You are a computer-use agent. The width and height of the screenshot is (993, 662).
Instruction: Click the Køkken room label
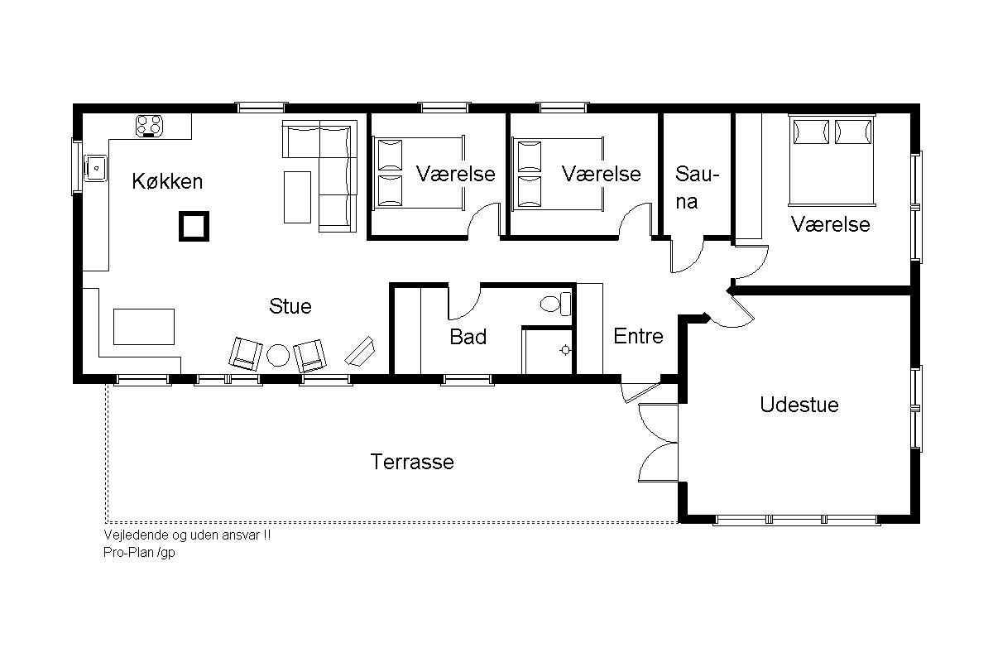pos(167,181)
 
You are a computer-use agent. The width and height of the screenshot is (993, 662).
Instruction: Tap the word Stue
pos(290,306)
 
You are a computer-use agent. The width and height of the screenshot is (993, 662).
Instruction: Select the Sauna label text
pos(696,188)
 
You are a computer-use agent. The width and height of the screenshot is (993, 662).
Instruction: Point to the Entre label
pos(638,336)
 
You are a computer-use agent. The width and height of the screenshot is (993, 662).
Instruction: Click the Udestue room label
pos(799,405)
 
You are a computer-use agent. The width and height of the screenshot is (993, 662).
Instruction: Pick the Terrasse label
pos(412,462)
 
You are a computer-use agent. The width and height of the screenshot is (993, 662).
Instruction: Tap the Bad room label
pos(468,337)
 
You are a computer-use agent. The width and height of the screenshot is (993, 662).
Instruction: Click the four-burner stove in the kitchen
pos(149,126)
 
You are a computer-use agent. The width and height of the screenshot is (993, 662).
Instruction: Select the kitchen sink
pos(96,168)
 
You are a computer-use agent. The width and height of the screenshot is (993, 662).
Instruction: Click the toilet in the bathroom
pos(555,304)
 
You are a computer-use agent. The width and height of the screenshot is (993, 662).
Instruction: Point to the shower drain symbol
pos(565,350)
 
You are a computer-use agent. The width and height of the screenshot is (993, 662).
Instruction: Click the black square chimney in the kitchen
pos(194,226)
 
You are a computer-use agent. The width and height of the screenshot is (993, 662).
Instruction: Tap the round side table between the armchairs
pos(278,355)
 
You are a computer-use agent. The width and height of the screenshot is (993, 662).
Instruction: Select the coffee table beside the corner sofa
pos(297,197)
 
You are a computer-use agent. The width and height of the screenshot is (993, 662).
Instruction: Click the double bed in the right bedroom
pos(832,160)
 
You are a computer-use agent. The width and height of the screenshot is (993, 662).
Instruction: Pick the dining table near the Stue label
pos(144,327)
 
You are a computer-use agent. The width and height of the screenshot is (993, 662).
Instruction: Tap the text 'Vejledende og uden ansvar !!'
pos(187,535)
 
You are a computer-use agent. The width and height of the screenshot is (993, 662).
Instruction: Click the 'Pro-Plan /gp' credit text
pos(139,552)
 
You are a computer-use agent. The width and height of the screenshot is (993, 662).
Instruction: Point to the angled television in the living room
pos(360,352)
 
